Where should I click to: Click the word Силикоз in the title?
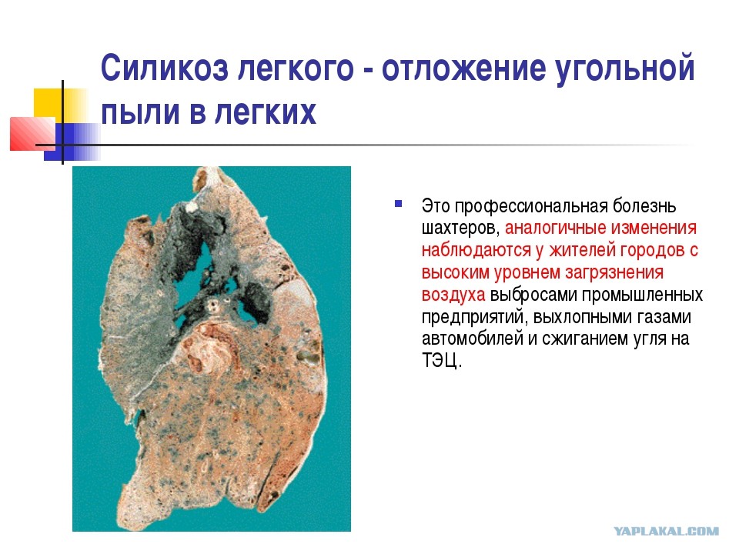click(x=165, y=68)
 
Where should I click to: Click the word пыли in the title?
click(x=140, y=112)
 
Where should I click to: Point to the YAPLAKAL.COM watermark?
click(x=667, y=532)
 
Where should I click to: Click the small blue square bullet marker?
click(x=399, y=204)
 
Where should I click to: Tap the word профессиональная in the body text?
click(x=531, y=207)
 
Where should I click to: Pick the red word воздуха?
click(x=453, y=295)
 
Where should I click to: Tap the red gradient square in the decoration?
click(x=32, y=134)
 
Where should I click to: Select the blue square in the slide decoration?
click(x=72, y=142)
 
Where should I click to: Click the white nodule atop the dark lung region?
click(x=192, y=206)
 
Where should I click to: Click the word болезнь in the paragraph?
click(x=644, y=206)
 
